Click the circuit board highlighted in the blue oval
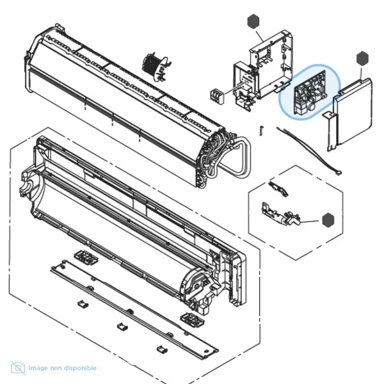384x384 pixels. (x=309, y=93)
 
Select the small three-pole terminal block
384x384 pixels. (x=217, y=96)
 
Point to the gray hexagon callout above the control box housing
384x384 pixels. (x=253, y=22)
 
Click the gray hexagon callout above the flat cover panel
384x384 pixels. (x=362, y=58)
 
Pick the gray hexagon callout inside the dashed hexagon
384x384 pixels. (x=328, y=220)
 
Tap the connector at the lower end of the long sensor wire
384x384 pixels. (x=339, y=172)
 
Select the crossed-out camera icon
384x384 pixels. (x=18, y=368)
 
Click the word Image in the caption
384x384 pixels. (x=38, y=368)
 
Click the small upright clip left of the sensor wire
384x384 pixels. (x=262, y=131)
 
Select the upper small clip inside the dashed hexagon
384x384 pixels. (x=278, y=189)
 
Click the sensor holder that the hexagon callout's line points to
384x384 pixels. (x=281, y=214)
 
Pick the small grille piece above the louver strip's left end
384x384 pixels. (x=86, y=257)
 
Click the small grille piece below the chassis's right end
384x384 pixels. (x=193, y=319)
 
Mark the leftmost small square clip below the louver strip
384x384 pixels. (x=83, y=304)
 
